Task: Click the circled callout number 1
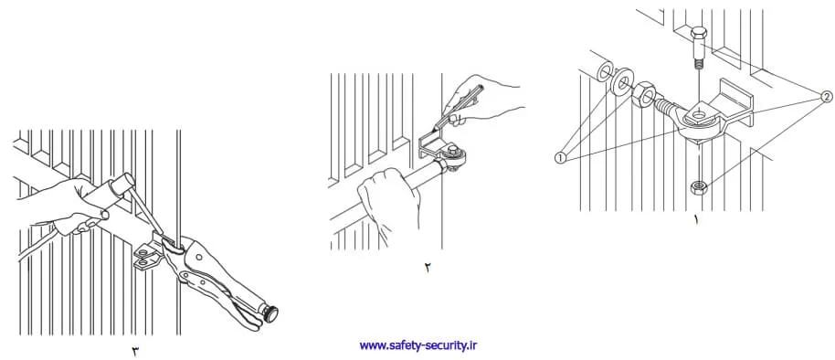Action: pyautogui.click(x=560, y=158)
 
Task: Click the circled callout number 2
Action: pyautogui.click(x=826, y=97)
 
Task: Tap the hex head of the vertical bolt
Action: pyautogui.click(x=698, y=34)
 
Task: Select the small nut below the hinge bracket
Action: pyautogui.click(x=698, y=187)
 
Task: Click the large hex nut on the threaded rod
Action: pyautogui.click(x=644, y=94)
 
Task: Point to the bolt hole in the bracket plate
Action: pyautogui.click(x=699, y=113)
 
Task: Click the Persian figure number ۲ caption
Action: pyautogui.click(x=428, y=268)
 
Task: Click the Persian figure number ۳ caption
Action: pyautogui.click(x=134, y=352)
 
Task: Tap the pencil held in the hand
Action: pyautogui.click(x=458, y=108)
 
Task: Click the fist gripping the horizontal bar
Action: pyautogui.click(x=388, y=198)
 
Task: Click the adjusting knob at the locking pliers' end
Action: pyautogui.click(x=272, y=313)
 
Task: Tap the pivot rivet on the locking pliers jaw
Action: pyautogui.click(x=198, y=257)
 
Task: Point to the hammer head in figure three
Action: pyautogui.click(x=122, y=185)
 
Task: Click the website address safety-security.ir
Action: pyautogui.click(x=418, y=345)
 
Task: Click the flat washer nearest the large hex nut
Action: pyautogui.click(x=621, y=82)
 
